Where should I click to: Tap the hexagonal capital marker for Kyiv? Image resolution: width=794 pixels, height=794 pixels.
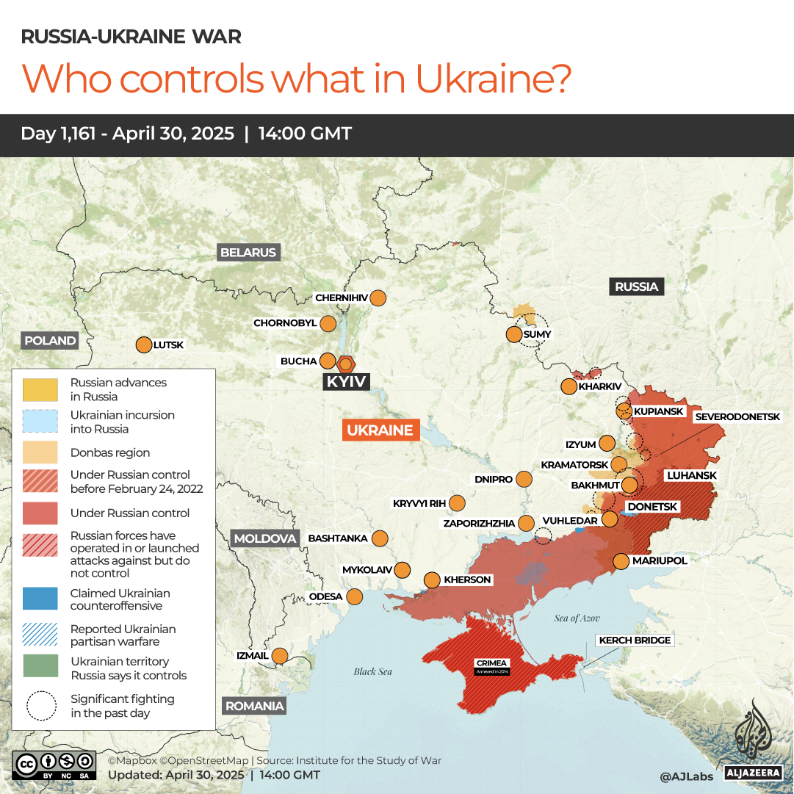[x=346, y=364]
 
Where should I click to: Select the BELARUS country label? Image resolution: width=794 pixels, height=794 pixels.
[x=248, y=253]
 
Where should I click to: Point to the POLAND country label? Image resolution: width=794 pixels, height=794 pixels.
[x=50, y=341]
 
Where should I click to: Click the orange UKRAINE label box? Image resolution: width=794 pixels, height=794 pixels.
[x=380, y=430]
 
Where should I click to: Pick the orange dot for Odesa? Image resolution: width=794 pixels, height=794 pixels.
[x=355, y=596]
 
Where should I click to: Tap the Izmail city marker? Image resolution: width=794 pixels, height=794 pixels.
[x=280, y=656]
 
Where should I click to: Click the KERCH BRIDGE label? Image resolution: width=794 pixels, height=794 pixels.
[x=635, y=640]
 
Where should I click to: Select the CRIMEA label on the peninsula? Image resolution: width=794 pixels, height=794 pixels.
[x=491, y=663]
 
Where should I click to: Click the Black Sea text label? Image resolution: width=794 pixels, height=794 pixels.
[x=373, y=671]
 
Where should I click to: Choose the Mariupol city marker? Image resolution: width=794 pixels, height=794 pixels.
[x=621, y=561]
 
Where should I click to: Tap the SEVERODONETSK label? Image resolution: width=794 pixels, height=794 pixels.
[x=738, y=416]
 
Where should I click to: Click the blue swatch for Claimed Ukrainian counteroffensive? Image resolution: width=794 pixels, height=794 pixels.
[x=40, y=599]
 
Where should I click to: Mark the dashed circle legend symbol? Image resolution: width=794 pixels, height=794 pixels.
[x=40, y=705]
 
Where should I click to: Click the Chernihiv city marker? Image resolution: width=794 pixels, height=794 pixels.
[x=378, y=298]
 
